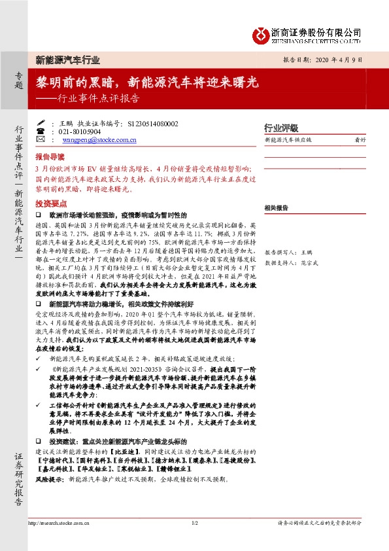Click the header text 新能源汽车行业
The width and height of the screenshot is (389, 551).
pos(67,60)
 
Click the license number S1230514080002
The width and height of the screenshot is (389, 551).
pos(152,122)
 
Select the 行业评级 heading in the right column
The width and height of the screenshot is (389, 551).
pos(280,128)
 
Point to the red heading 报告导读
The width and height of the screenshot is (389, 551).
pos(50,158)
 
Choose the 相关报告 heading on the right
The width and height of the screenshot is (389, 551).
pos(277,207)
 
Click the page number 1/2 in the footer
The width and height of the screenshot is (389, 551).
pos(194,524)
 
